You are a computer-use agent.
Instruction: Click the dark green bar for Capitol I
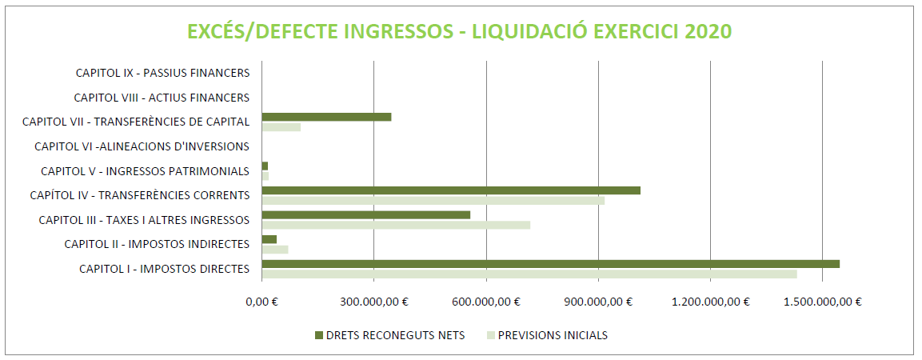(x=550, y=264)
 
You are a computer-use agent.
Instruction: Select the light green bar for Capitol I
(x=529, y=274)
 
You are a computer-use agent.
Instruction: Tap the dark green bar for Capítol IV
(x=451, y=190)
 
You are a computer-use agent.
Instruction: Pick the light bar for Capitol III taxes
(x=396, y=225)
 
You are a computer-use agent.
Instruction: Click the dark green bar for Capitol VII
(x=326, y=117)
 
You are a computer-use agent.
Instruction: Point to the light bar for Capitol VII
(x=281, y=127)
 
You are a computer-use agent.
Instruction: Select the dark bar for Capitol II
(x=269, y=239)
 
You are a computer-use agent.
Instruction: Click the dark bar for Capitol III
(x=365, y=214)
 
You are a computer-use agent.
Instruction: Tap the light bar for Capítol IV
(x=433, y=201)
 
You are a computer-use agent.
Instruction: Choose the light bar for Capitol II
(x=274, y=250)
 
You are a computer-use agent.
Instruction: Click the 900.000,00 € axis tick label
(x=599, y=302)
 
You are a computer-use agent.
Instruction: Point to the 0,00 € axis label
(x=262, y=302)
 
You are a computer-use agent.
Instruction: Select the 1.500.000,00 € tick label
(x=823, y=302)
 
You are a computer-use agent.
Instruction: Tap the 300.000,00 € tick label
(x=374, y=302)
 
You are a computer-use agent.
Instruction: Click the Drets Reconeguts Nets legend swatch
(x=319, y=335)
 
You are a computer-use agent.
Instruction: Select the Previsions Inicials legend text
(x=553, y=335)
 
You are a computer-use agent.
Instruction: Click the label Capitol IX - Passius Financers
(x=163, y=73)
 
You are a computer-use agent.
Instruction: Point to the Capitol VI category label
(x=142, y=146)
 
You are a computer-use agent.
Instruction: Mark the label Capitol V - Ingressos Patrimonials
(x=146, y=171)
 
